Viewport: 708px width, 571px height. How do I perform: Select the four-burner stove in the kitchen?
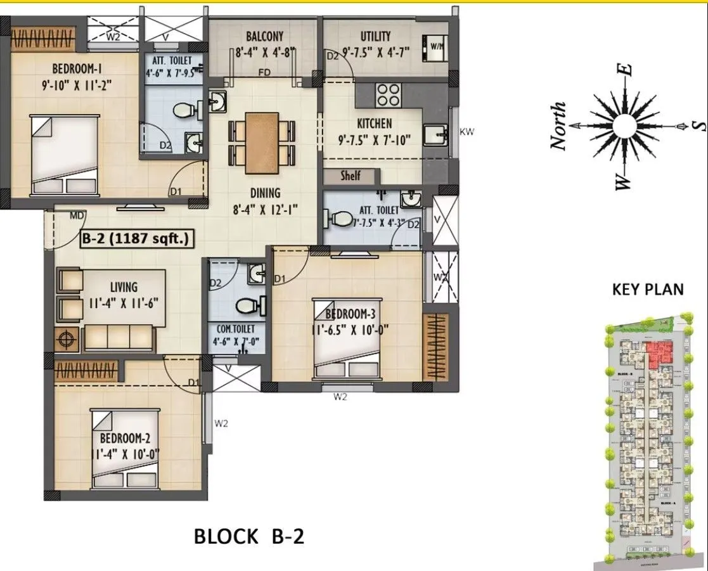click(x=387, y=95)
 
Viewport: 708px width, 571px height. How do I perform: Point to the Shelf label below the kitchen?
click(x=351, y=176)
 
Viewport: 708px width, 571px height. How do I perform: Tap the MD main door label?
click(x=77, y=215)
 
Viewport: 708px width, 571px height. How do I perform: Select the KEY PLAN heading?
click(x=647, y=290)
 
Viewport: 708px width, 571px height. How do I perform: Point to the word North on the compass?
click(x=558, y=126)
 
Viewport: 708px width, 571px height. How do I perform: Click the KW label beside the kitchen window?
click(x=467, y=132)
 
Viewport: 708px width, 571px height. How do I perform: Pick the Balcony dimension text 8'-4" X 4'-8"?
click(x=265, y=53)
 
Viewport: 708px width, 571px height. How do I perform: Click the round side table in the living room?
click(x=66, y=339)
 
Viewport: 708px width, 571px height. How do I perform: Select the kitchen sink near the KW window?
click(x=435, y=135)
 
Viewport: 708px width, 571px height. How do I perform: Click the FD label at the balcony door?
click(x=264, y=73)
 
